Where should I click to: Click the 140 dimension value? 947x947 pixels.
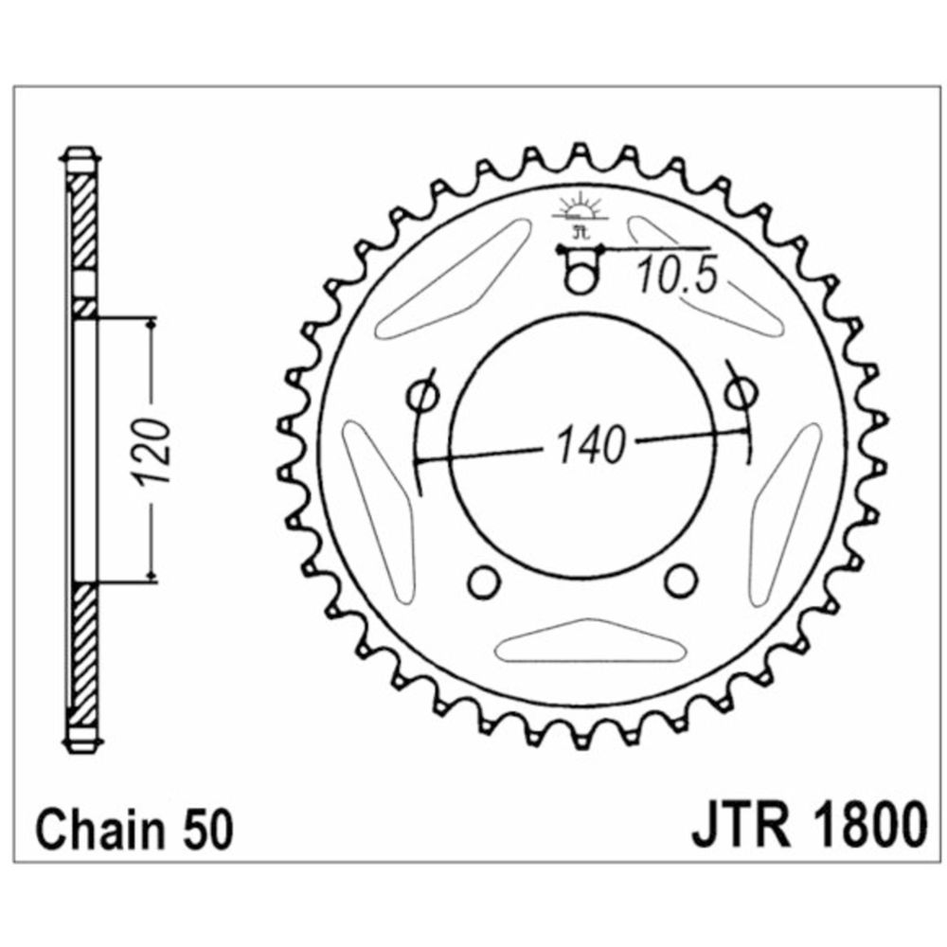pyautogui.click(x=592, y=446)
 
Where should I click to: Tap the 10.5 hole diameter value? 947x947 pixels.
pyautogui.click(x=672, y=277)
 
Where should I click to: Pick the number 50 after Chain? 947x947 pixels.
pyautogui.click(x=204, y=831)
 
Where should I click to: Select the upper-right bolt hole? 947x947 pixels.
pyautogui.click(x=742, y=390)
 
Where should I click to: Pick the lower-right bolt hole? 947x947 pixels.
pyautogui.click(x=679, y=580)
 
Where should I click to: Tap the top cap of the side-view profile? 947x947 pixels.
pyautogui.click(x=80, y=157)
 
